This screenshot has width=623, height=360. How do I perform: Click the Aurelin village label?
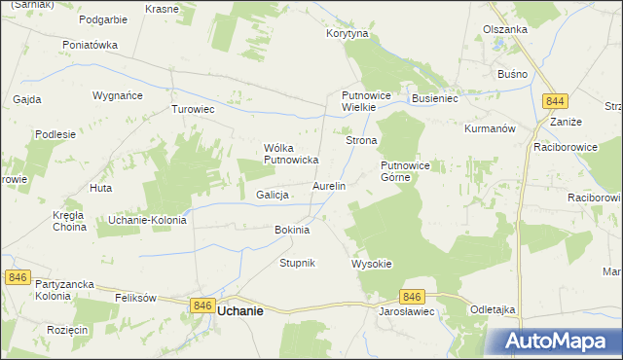(329, 185)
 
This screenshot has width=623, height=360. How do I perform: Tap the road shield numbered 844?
(556, 101)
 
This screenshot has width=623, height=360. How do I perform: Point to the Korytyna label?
(348, 33)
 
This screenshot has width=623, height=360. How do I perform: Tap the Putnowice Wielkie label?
(365, 101)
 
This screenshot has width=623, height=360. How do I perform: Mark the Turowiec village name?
(193, 109)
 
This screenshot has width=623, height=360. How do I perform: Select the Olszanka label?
(505, 29)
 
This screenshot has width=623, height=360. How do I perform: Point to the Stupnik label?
(298, 264)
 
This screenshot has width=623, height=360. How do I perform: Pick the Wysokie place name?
(371, 264)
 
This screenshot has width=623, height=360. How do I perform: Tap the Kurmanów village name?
(490, 128)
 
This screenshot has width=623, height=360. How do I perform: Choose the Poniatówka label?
(90, 45)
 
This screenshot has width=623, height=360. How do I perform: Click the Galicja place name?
(274, 195)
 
